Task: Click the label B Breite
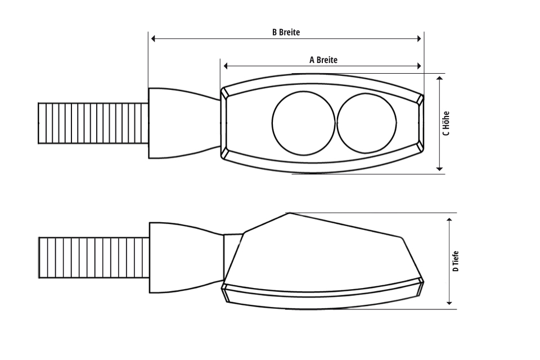pyautogui.click(x=286, y=32)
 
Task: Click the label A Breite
pyautogui.click(x=323, y=59)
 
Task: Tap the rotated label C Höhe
pyautogui.click(x=446, y=123)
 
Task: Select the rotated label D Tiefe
pyautogui.click(x=456, y=262)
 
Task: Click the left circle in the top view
pyautogui.click(x=302, y=123)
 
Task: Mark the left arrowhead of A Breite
pyautogui.click(x=226, y=66)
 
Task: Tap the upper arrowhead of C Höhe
pyautogui.click(x=440, y=78)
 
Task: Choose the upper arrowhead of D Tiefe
pyautogui.click(x=449, y=218)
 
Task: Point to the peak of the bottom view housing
pyautogui.click(x=289, y=214)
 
